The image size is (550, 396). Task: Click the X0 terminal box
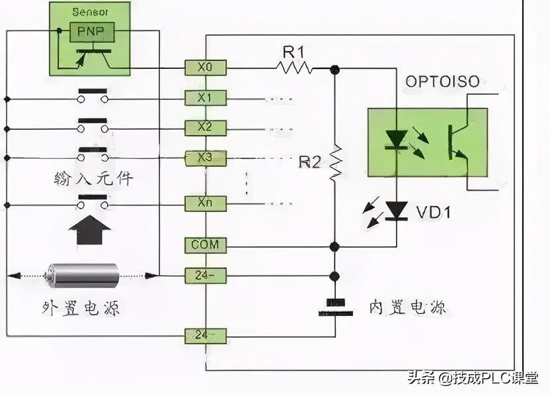coord(206,66)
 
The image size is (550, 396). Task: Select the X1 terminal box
coord(206,98)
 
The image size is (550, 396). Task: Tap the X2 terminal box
coord(206,126)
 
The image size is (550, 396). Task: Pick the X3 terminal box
coord(206,158)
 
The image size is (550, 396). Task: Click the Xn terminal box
coord(206,203)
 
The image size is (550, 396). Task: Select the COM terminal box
coord(206,245)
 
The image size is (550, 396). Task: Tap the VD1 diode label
coord(433,213)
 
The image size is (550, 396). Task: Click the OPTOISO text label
coord(443,83)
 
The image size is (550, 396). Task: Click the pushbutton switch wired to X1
coord(92,95)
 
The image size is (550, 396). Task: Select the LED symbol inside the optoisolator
coord(397,140)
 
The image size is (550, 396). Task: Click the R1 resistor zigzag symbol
coord(294,66)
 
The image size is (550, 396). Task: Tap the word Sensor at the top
coord(91,11)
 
